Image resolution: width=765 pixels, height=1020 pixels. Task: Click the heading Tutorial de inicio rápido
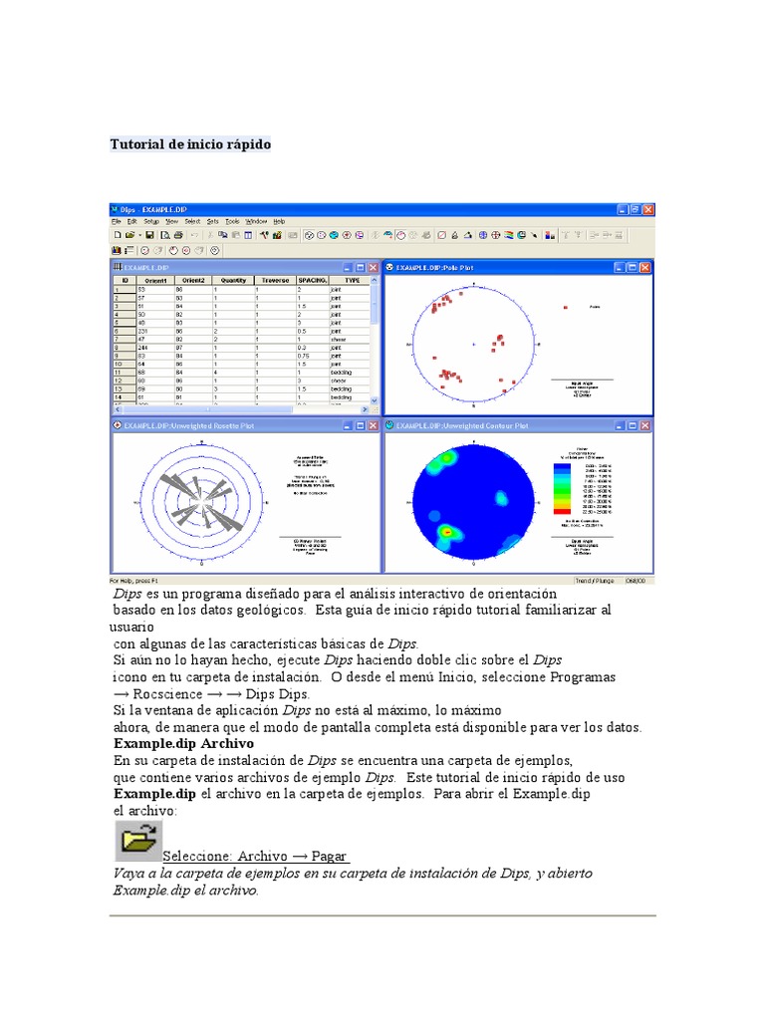pos(189,144)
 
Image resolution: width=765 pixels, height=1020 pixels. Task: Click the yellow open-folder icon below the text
pos(136,842)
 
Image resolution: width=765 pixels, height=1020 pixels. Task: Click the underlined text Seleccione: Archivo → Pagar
pos(255,857)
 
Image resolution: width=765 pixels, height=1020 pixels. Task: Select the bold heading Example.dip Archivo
pos(183,743)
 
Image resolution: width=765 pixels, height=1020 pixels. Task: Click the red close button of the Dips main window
pos(648,209)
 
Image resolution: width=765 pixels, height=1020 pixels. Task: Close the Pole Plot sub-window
pos(646,268)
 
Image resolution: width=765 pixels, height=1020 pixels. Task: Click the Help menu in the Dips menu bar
pos(279,221)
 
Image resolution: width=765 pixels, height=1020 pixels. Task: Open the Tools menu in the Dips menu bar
pos(232,221)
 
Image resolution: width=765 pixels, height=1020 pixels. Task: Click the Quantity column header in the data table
pos(233,281)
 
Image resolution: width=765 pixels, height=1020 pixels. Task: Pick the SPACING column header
pos(313,281)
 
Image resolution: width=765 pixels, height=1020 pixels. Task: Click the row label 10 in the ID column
pos(118,365)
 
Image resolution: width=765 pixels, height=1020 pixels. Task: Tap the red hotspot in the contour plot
pos(448,533)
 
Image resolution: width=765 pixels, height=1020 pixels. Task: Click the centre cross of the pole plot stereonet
pos(474,346)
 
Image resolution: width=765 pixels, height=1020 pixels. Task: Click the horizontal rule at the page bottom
pos(382,915)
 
